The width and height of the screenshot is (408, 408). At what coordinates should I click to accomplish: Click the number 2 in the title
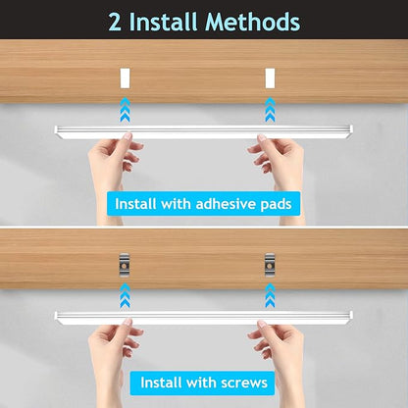point(115,22)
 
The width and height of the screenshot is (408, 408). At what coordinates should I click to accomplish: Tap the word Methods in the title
point(252,22)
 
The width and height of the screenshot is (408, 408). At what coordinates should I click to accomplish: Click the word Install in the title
point(164,22)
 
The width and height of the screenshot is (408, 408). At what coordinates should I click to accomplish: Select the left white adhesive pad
point(126,78)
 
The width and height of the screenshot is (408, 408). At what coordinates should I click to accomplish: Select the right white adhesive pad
point(270,78)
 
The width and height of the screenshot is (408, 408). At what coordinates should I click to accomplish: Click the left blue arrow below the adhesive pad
point(126,110)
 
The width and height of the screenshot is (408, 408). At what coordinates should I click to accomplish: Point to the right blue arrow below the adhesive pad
point(270,110)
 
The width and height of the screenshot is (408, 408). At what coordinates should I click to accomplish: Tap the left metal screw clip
point(125,265)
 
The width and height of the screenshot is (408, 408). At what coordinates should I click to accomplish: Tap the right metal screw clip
point(270,265)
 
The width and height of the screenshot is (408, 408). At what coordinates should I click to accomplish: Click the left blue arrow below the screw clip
point(126,295)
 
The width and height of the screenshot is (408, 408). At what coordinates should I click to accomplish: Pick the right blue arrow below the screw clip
point(270,295)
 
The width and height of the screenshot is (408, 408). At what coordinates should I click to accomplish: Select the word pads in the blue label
point(276,205)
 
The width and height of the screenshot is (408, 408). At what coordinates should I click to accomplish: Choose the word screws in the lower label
point(244,382)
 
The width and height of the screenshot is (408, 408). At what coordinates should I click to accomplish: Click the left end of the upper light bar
point(56,131)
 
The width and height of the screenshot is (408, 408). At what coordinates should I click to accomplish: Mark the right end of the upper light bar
point(351,131)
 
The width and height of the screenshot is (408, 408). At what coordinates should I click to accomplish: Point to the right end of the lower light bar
point(351,318)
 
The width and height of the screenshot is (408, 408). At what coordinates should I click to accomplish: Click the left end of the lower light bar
point(56,318)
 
